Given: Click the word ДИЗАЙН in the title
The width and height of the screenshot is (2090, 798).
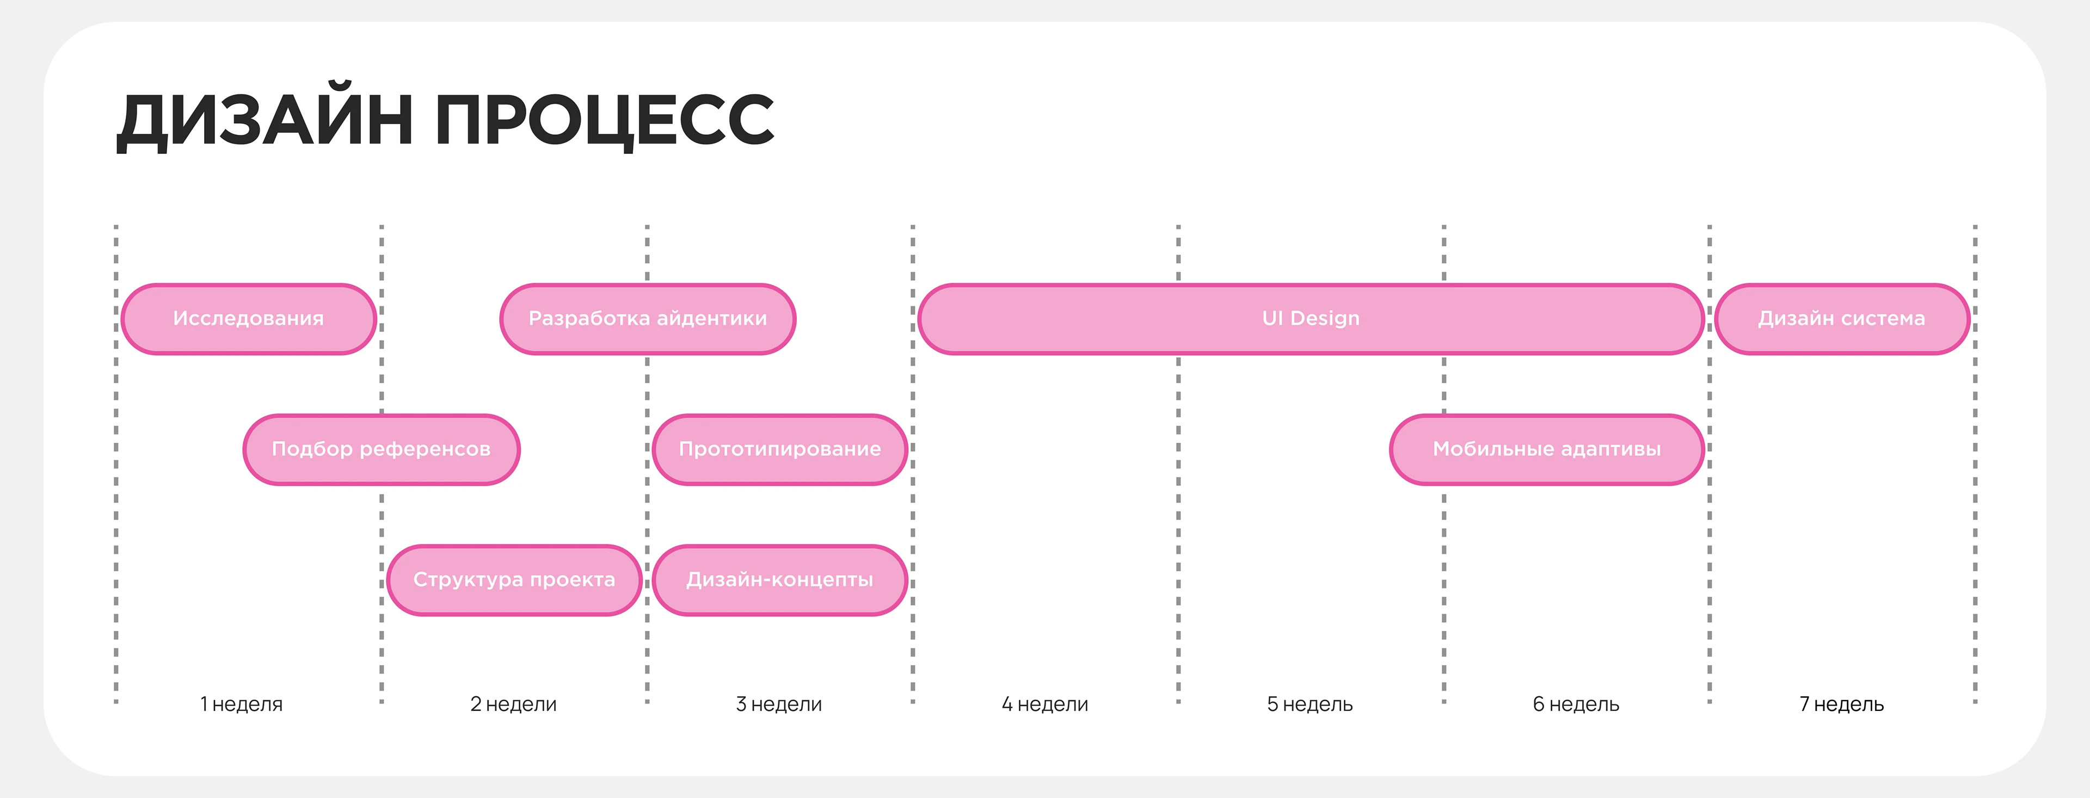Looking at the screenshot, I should pos(265,120).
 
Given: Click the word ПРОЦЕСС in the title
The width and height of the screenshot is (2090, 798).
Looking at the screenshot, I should pos(605,120).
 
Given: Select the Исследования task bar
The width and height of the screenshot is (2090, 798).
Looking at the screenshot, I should pos(248,319).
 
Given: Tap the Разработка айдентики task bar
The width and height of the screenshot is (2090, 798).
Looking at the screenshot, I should pos(648,319).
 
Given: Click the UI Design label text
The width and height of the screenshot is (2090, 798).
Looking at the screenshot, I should pos(1310,319).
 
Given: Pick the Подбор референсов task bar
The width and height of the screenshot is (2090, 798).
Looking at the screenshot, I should pos(382,449).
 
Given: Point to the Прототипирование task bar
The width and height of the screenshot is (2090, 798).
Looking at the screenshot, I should pos(780,449).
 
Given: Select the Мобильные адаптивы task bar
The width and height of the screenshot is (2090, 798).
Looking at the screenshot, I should pos(1546,449).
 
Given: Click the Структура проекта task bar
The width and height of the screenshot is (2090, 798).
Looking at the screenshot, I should pos(514,580).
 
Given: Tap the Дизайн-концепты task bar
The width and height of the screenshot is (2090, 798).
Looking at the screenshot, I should pos(780,580).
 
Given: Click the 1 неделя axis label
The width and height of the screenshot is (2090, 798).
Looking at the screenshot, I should pos(242,704).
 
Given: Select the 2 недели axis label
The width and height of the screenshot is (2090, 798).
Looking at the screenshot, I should pos(514,704).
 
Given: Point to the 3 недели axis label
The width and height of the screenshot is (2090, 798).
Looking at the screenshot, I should pos(779,704).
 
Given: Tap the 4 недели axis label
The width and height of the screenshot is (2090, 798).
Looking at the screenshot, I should pos(1045,704).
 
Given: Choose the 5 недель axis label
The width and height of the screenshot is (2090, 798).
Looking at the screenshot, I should pos(1310,704).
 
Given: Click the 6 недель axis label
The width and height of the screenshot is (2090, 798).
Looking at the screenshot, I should pos(1576,704).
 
